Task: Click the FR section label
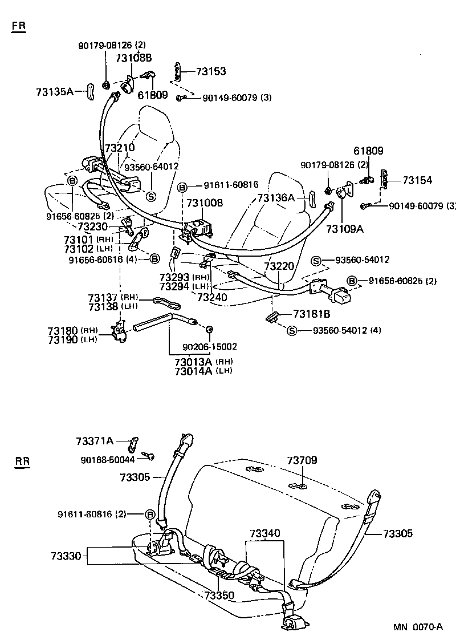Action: click(x=19, y=27)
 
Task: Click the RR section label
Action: click(x=22, y=461)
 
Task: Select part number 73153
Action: click(x=211, y=71)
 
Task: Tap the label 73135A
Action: click(x=54, y=91)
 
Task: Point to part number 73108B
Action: click(x=133, y=58)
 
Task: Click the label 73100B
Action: click(x=205, y=203)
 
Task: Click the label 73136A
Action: click(x=276, y=198)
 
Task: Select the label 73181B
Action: click(x=312, y=314)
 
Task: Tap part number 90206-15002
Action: click(x=210, y=346)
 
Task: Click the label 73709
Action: click(x=302, y=460)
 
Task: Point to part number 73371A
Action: click(x=95, y=440)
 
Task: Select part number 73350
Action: click(x=219, y=595)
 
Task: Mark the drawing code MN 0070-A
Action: click(x=417, y=627)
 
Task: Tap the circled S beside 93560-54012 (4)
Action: click(x=292, y=330)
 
